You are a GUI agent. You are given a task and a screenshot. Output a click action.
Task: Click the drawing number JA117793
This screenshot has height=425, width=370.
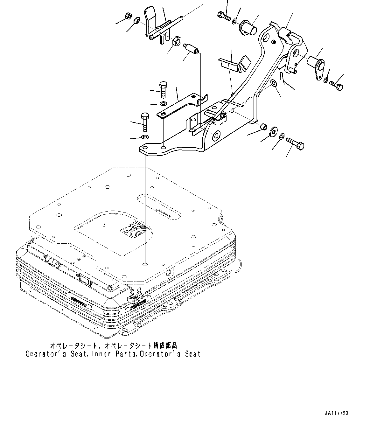point(337,413)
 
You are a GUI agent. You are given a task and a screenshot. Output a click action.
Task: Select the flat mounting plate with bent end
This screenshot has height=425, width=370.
point(181,105)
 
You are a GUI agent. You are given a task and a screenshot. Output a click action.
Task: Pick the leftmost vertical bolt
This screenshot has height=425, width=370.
point(144,121)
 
